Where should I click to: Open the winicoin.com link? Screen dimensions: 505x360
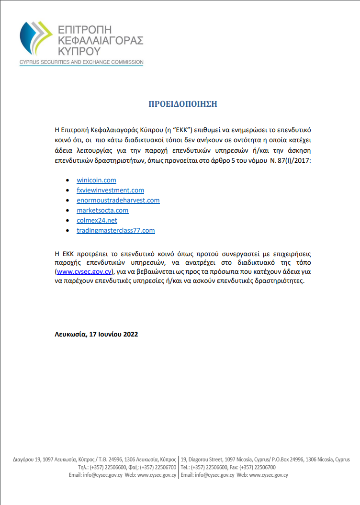click(96, 180)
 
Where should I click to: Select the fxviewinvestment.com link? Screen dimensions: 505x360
click(110, 190)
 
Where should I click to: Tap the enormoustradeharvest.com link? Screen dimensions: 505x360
click(118, 200)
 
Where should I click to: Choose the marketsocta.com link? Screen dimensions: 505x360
click(102, 210)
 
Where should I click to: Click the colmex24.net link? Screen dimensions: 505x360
click(97, 220)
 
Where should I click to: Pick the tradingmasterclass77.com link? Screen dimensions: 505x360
click(116, 230)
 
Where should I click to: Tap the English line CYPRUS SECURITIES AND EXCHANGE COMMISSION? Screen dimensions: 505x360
click(81, 62)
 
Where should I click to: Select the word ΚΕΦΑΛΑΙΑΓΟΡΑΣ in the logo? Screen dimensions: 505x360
click(100, 40)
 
